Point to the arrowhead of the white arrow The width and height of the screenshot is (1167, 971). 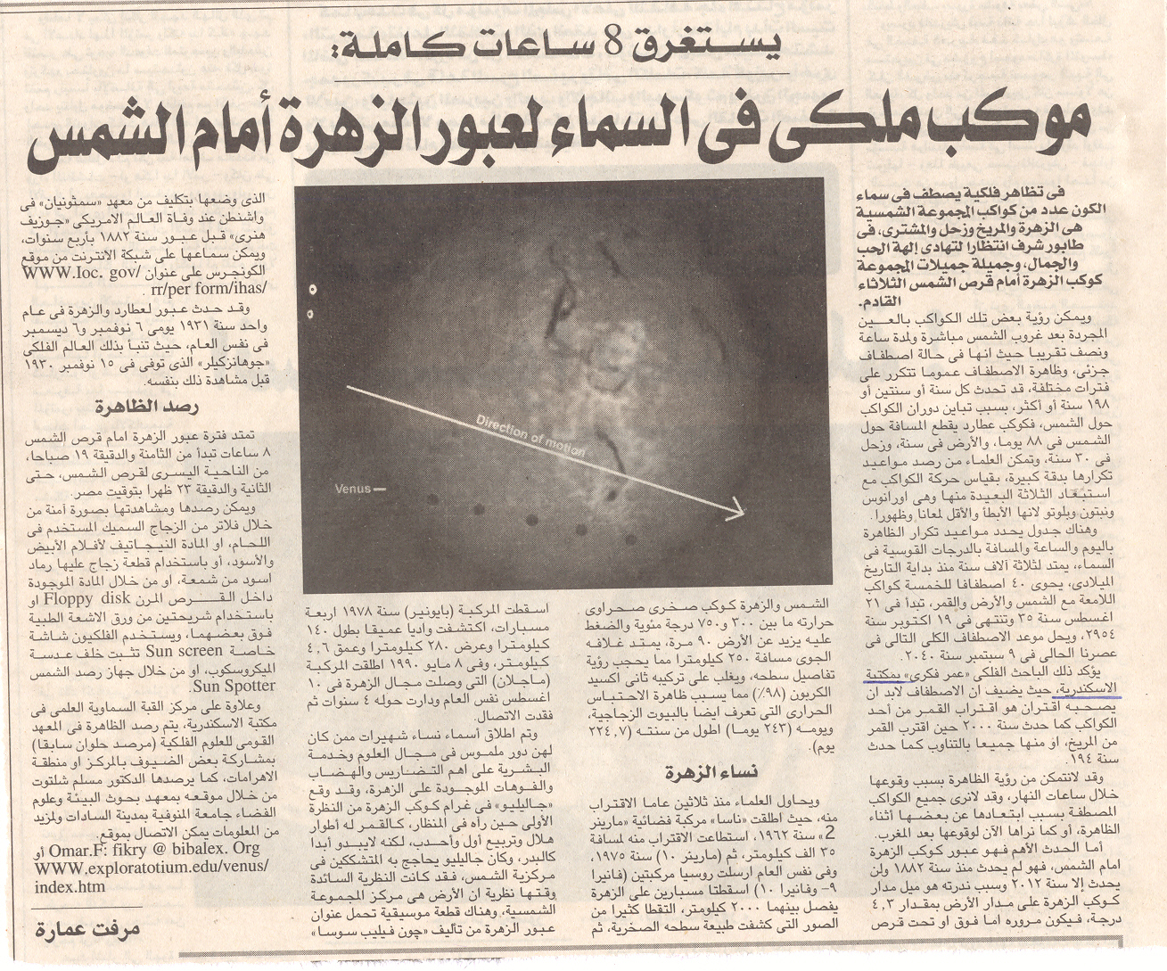pyautogui.click(x=736, y=512)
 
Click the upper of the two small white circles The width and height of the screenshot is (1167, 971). pyautogui.click(x=312, y=289)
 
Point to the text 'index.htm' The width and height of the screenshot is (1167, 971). pyautogui.click(x=70, y=886)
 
